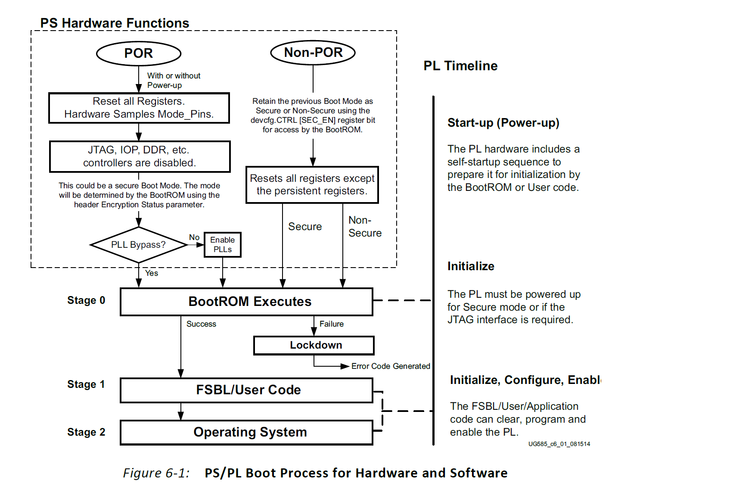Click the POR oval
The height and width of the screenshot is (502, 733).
point(139,53)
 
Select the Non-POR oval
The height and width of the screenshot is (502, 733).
point(313,53)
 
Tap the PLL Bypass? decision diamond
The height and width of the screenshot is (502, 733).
point(138,245)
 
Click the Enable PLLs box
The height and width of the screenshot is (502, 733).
point(223,245)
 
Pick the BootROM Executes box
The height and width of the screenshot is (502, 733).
point(246,302)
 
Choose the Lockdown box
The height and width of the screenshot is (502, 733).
point(314,345)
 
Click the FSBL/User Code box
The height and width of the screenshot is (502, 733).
point(246,390)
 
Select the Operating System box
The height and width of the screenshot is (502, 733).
point(246,432)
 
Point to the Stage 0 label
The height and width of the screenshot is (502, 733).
point(86,300)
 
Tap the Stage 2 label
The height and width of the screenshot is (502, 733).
point(86,432)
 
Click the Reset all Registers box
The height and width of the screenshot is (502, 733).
point(139,108)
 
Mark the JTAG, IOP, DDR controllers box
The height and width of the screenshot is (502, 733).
point(140,156)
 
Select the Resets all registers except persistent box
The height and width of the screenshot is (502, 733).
point(312,184)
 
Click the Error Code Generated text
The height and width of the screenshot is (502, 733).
point(391,366)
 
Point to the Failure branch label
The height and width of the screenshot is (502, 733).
point(332,324)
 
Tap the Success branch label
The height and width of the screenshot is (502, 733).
point(201,324)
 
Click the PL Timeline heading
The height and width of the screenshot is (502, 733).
point(460,66)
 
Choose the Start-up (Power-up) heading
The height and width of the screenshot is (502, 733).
point(503,123)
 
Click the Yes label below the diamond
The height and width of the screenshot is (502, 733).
point(152,273)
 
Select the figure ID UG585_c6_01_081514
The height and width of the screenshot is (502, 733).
point(559,444)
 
